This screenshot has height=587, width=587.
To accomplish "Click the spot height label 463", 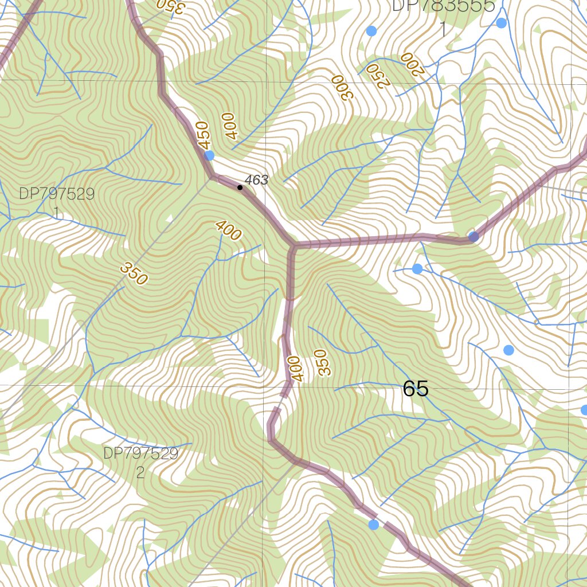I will point(256,180).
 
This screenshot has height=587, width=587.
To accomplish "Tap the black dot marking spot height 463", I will point(240,187).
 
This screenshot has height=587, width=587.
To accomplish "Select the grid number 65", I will point(416,389).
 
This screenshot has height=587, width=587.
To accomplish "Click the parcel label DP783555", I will point(443,6).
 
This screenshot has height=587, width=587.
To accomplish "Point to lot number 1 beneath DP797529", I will point(57,213).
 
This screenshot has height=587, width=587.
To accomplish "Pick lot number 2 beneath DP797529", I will point(140,473).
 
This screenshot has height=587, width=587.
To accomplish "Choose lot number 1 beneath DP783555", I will point(443,29).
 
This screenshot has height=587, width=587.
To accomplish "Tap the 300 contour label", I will point(339,87).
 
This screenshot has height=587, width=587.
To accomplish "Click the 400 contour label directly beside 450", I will point(230,126).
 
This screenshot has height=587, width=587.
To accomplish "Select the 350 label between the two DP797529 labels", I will point(134,273).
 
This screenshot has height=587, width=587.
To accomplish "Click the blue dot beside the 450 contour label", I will point(209,155).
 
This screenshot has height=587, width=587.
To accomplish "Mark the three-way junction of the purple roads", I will point(293,247).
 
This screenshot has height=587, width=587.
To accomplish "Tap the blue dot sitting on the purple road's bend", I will point(473,237).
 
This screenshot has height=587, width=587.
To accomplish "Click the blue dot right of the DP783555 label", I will point(502,23).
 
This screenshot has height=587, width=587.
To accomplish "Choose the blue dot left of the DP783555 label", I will point(371,30).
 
